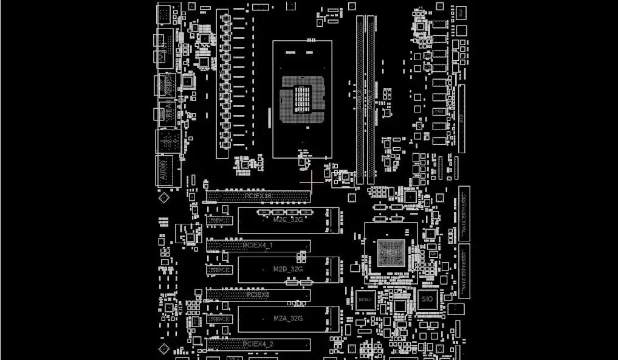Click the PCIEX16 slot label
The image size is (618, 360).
(259, 196)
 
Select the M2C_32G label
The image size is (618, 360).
(287, 220)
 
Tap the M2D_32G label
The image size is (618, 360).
(287, 269)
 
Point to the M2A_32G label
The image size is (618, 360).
(287, 318)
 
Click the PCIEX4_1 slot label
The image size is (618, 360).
(258, 245)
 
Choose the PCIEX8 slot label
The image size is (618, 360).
(258, 294)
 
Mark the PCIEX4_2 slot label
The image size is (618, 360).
(258, 344)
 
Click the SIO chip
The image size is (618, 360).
(427, 299)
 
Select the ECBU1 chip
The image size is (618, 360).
(366, 299)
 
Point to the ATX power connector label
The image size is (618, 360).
(463, 119)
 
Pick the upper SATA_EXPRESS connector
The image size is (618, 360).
(464, 210)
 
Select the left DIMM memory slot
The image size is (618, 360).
(360, 100)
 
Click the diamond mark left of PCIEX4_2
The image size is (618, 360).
(163, 348)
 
